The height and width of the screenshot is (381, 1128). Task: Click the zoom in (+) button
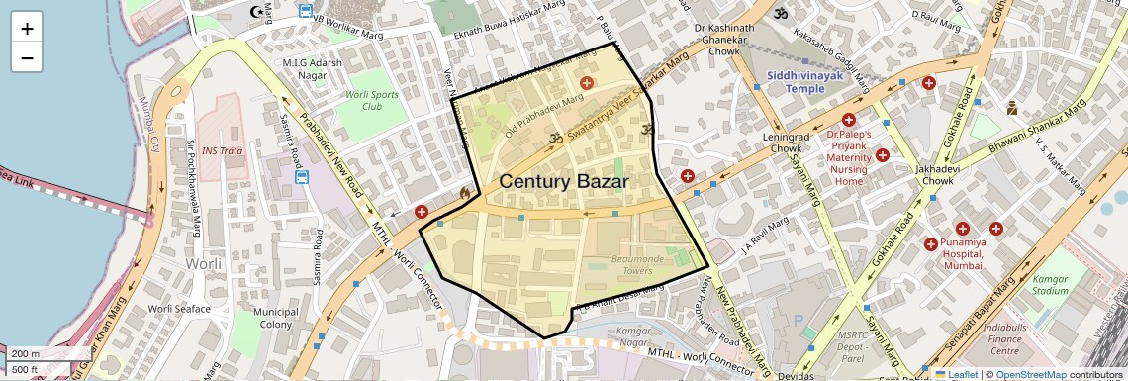(x=27, y=28)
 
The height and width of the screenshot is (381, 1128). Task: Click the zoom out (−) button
(x=27, y=57)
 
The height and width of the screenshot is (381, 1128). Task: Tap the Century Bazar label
(x=564, y=181)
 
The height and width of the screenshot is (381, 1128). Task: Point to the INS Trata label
(x=222, y=151)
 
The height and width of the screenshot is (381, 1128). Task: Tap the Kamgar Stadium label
(x=1050, y=285)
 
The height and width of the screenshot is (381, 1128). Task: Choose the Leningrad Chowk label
(x=773, y=143)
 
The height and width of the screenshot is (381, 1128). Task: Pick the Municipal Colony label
(x=275, y=318)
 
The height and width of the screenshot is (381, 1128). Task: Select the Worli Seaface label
(x=179, y=309)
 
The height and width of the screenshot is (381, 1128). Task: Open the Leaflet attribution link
(x=956, y=374)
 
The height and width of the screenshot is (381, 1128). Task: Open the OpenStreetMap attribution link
(x=1030, y=374)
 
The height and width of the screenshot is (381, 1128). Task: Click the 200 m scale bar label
(x=27, y=353)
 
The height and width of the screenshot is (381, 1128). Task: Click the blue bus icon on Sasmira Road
(x=302, y=179)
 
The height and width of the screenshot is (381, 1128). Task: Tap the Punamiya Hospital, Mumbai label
(x=962, y=253)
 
